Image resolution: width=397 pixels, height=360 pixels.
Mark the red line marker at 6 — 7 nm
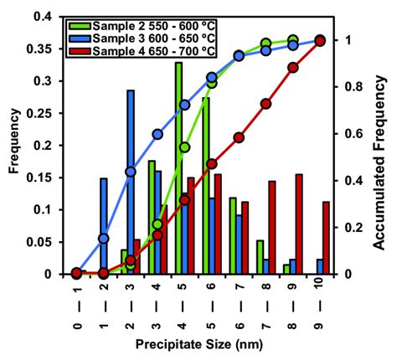pyautogui.click(x=239, y=137)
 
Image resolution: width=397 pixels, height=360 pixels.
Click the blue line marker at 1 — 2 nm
pyautogui.click(x=104, y=239)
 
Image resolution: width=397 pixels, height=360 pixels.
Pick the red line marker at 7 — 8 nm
pyautogui.click(x=266, y=104)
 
